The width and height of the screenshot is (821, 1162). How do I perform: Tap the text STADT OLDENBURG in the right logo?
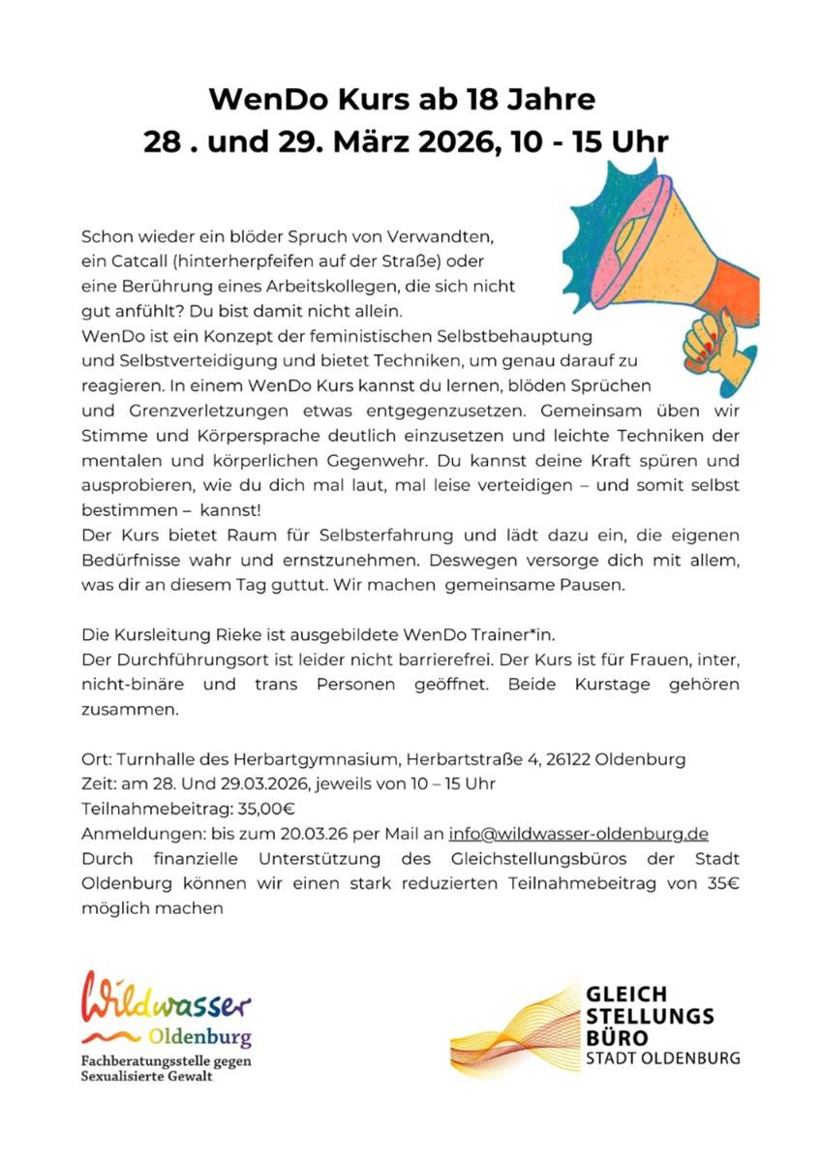point(663,1057)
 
